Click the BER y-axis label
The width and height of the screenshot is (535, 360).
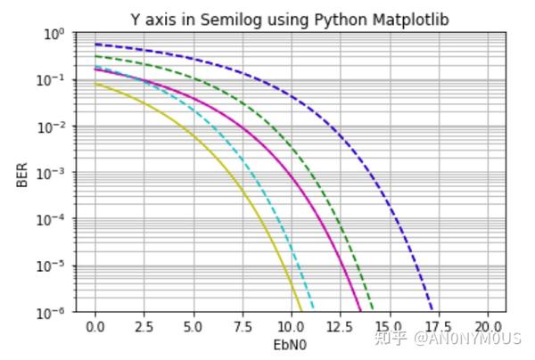point(21,174)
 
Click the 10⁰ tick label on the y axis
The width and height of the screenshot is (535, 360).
point(54,34)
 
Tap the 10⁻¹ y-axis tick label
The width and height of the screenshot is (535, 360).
point(53,80)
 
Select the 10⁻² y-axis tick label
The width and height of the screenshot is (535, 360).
point(53,127)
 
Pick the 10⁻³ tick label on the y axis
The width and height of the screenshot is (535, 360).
point(53,173)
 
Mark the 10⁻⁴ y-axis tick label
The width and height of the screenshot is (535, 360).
point(53,220)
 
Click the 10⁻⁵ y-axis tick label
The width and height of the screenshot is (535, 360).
point(53,266)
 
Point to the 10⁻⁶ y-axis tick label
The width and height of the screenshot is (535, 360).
point(53,313)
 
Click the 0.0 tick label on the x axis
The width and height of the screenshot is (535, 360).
point(95,327)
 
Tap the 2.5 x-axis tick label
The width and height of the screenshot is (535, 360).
point(144,327)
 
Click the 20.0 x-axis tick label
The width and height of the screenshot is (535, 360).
point(487,327)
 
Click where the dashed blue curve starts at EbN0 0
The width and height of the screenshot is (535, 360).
point(96,45)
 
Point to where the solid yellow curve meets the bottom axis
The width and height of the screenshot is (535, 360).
point(301,312)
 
